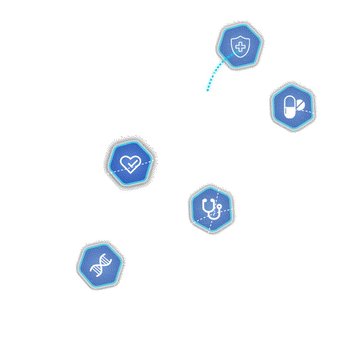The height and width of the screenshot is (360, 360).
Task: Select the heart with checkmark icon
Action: click(130, 164)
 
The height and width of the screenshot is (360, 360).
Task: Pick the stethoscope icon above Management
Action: click(211, 209)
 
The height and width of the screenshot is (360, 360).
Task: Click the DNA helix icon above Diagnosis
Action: click(100, 265)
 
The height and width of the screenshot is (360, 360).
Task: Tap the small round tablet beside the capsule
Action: click(300, 105)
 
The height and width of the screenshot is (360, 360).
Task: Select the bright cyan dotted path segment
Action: click(215, 72)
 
